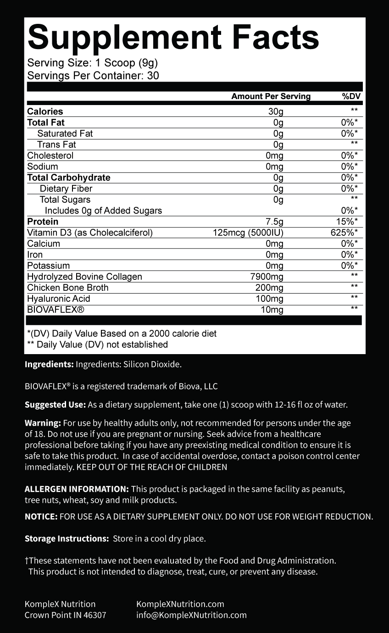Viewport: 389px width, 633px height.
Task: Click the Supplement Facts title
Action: [x=173, y=38]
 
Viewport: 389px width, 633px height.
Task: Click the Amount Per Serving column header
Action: [x=271, y=96]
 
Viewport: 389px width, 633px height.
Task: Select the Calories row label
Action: [x=45, y=111]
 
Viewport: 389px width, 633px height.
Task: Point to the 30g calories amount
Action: [x=276, y=111]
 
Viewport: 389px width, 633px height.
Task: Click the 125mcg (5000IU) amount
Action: [x=248, y=233]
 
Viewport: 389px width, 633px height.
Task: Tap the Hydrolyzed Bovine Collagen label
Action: [x=84, y=277]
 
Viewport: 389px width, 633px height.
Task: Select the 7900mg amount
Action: [x=266, y=277]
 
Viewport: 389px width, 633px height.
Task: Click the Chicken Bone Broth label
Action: [x=68, y=288]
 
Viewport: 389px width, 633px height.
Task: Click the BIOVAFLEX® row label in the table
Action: [x=56, y=310]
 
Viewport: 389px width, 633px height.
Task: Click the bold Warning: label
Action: [x=43, y=422]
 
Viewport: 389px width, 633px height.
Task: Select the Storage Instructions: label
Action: [x=67, y=539]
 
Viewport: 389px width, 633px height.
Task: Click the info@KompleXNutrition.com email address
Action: [x=191, y=615]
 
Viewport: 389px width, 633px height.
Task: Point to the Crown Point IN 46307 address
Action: [x=65, y=615]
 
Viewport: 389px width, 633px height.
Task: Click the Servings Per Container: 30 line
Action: [x=93, y=76]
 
